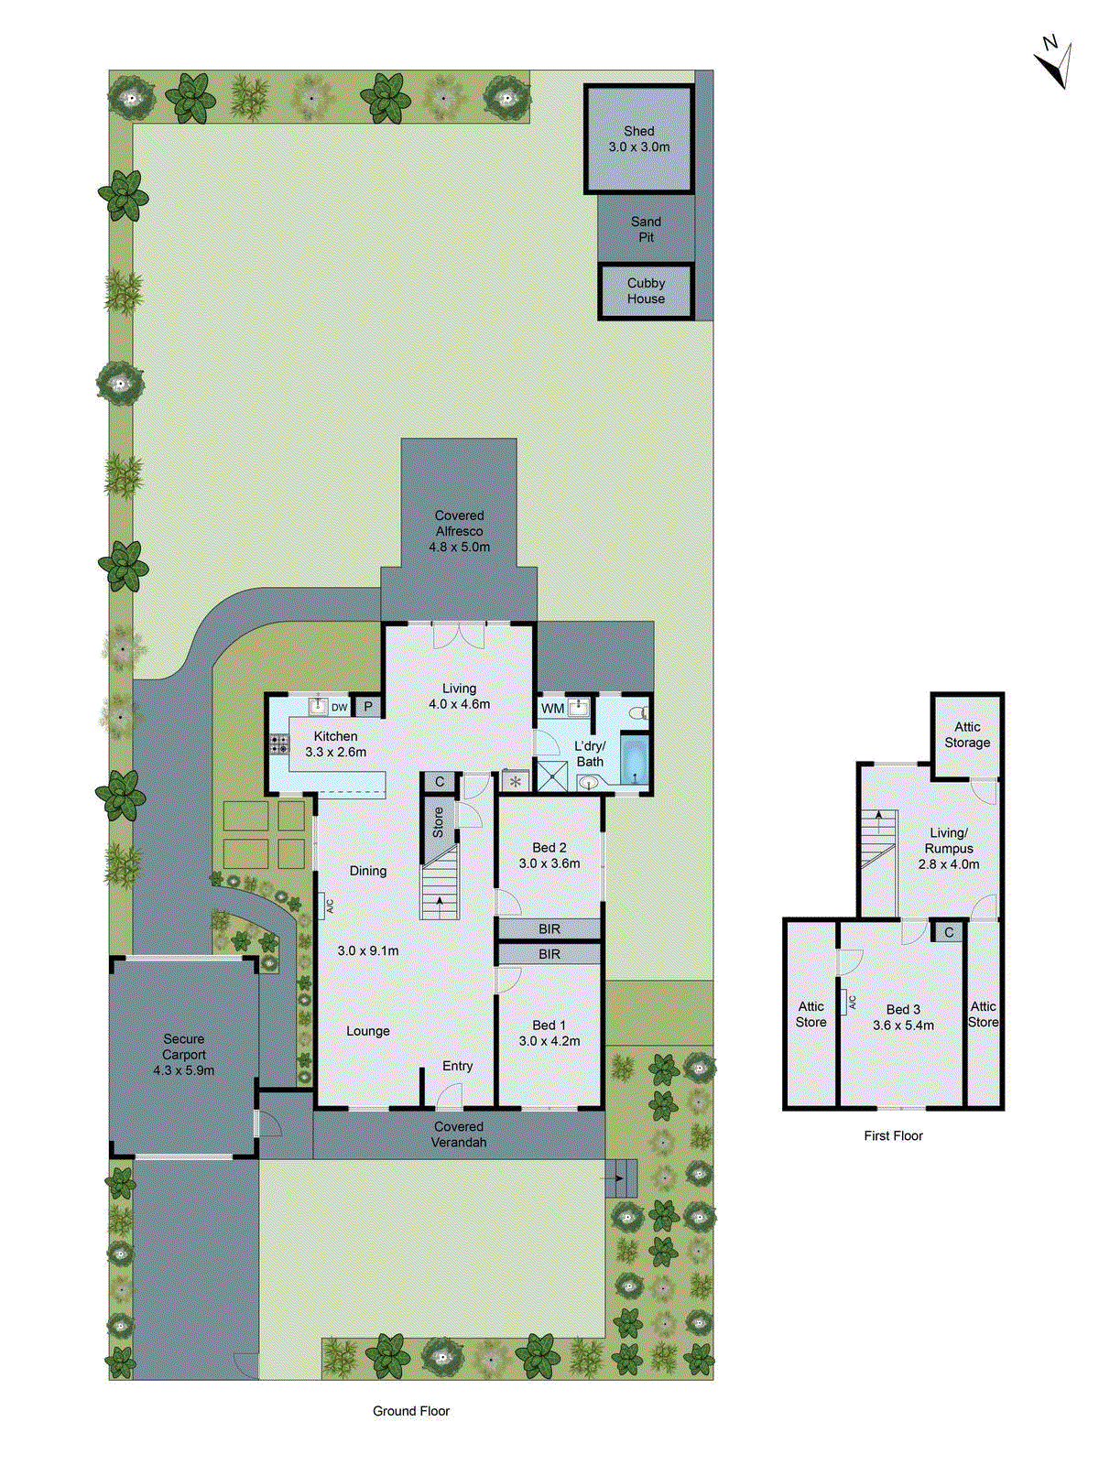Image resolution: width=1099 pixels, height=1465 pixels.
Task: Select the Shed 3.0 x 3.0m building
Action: tap(638, 139)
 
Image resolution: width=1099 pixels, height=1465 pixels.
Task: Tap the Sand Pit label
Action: tap(646, 229)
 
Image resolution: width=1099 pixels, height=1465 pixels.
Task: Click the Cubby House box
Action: tap(646, 291)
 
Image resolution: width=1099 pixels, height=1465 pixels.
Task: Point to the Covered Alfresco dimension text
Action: tap(459, 547)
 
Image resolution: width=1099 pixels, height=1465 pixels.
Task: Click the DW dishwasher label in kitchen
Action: tap(340, 707)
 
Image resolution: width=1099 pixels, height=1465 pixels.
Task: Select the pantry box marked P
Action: tap(368, 706)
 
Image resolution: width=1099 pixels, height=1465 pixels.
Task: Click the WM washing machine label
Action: tap(553, 708)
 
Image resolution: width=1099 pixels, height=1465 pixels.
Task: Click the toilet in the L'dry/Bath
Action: tap(638, 712)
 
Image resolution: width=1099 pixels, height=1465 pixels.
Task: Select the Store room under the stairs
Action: tap(438, 821)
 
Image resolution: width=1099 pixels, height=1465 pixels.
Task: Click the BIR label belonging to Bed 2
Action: tap(549, 928)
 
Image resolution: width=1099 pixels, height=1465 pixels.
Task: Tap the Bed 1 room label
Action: tap(549, 1033)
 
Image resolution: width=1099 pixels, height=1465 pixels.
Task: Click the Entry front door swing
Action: tap(450, 1096)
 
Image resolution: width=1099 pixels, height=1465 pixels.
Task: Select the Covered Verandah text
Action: tap(459, 1134)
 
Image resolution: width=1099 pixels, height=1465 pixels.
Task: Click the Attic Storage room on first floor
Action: tap(967, 734)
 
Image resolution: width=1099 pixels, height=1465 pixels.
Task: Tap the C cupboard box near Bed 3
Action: tap(949, 932)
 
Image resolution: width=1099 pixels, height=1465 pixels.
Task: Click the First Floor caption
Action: tap(893, 1135)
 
